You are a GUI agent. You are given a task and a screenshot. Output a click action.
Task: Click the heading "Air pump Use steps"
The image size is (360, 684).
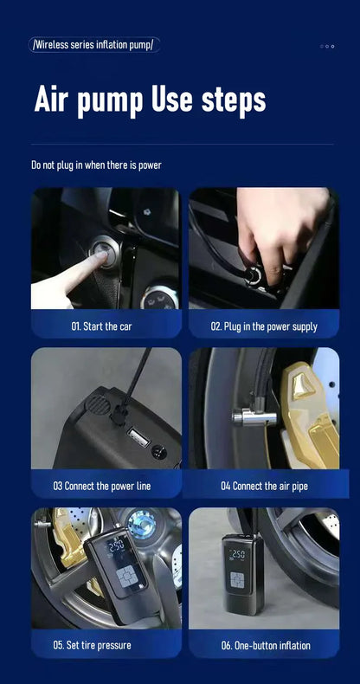pyautogui.click(x=150, y=100)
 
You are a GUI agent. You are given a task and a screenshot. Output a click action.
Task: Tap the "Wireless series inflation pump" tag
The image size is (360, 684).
pyautogui.click(x=94, y=44)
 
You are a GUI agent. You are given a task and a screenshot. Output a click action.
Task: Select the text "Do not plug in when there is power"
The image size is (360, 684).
pyautogui.click(x=96, y=165)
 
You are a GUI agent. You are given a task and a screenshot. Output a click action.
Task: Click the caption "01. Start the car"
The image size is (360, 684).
pyautogui.click(x=101, y=326)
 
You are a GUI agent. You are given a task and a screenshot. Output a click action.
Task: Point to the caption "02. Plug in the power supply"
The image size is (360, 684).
pyautogui.click(x=264, y=326)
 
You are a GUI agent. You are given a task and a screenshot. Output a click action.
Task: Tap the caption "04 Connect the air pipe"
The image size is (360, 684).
pyautogui.click(x=264, y=486)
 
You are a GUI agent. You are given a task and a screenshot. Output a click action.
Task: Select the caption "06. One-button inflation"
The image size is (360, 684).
pyautogui.click(x=264, y=645)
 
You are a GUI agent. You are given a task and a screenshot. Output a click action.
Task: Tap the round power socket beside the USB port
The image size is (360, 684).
pyautogui.click(x=158, y=451)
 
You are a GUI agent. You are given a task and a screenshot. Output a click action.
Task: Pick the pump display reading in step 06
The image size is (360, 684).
pyautogui.click(x=237, y=553)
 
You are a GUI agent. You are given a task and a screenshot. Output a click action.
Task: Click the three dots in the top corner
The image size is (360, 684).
pyautogui.click(x=327, y=46)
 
